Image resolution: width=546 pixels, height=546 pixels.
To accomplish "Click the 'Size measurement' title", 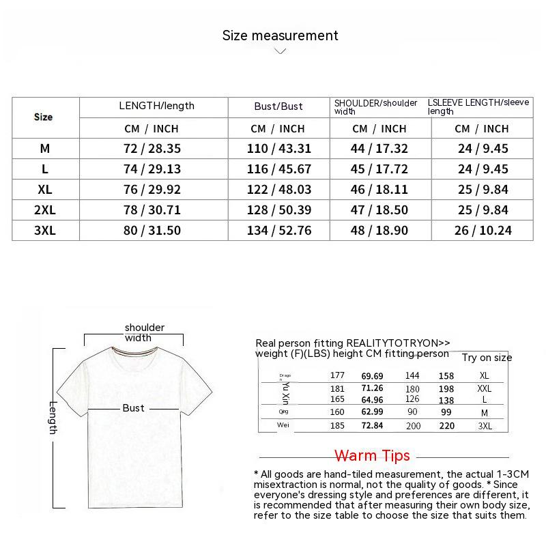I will click(x=280, y=35).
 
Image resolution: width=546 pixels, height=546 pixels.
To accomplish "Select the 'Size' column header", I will click(x=43, y=117).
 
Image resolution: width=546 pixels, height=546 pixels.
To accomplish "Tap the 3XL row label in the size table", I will click(x=45, y=231).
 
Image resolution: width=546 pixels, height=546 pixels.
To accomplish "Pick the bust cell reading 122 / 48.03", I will click(x=278, y=190).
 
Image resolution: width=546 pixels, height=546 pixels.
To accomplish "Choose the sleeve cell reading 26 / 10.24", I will click(x=483, y=231).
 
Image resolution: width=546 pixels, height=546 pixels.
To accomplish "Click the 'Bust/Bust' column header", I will click(x=278, y=106).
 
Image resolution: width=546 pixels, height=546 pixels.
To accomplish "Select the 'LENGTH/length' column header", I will click(x=156, y=106).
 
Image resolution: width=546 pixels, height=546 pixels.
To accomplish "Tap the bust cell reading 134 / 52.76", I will click(x=278, y=231).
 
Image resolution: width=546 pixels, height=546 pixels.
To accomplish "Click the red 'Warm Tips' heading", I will click(x=372, y=455).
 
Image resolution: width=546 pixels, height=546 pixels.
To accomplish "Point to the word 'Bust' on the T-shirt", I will click(x=133, y=407).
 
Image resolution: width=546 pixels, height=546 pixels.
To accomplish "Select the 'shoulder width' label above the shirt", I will click(x=144, y=332).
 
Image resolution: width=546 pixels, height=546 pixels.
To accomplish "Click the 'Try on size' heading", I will click(x=487, y=358).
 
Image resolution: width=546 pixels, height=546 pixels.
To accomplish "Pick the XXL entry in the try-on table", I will click(x=485, y=388).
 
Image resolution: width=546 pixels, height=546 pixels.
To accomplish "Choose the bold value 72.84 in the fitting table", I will click(x=373, y=425).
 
